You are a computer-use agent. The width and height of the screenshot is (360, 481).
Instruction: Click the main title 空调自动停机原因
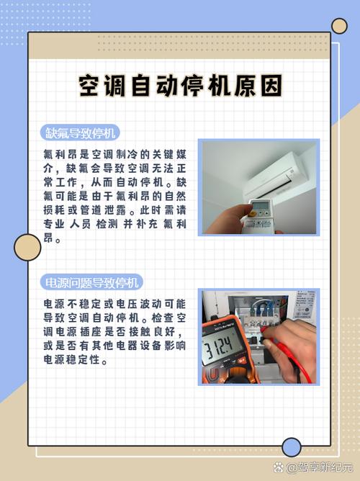pos(180,86)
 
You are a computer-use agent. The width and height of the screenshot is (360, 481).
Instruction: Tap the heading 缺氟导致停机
pos(80,133)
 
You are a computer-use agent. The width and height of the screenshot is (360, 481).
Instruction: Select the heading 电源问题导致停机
pos(91,282)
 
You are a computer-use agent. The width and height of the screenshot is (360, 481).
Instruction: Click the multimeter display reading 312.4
pos(219,346)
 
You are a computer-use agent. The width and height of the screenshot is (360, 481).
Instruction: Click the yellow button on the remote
pos(253,212)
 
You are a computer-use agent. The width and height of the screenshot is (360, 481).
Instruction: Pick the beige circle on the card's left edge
pos(27,248)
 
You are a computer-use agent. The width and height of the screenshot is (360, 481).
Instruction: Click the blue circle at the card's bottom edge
pos(292,447)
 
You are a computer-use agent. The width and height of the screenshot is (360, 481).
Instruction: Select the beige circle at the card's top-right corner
pos(339,26)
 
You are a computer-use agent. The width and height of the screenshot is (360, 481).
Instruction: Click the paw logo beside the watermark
pos(279,467)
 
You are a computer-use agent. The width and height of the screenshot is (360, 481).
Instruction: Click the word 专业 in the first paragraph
pos(54,224)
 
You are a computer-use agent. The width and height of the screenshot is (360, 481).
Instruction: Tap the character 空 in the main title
pos(90,86)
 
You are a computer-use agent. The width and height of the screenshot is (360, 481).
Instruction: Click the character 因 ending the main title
pos(271,86)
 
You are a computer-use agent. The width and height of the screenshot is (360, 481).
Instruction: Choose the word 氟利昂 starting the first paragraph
pos(60,154)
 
